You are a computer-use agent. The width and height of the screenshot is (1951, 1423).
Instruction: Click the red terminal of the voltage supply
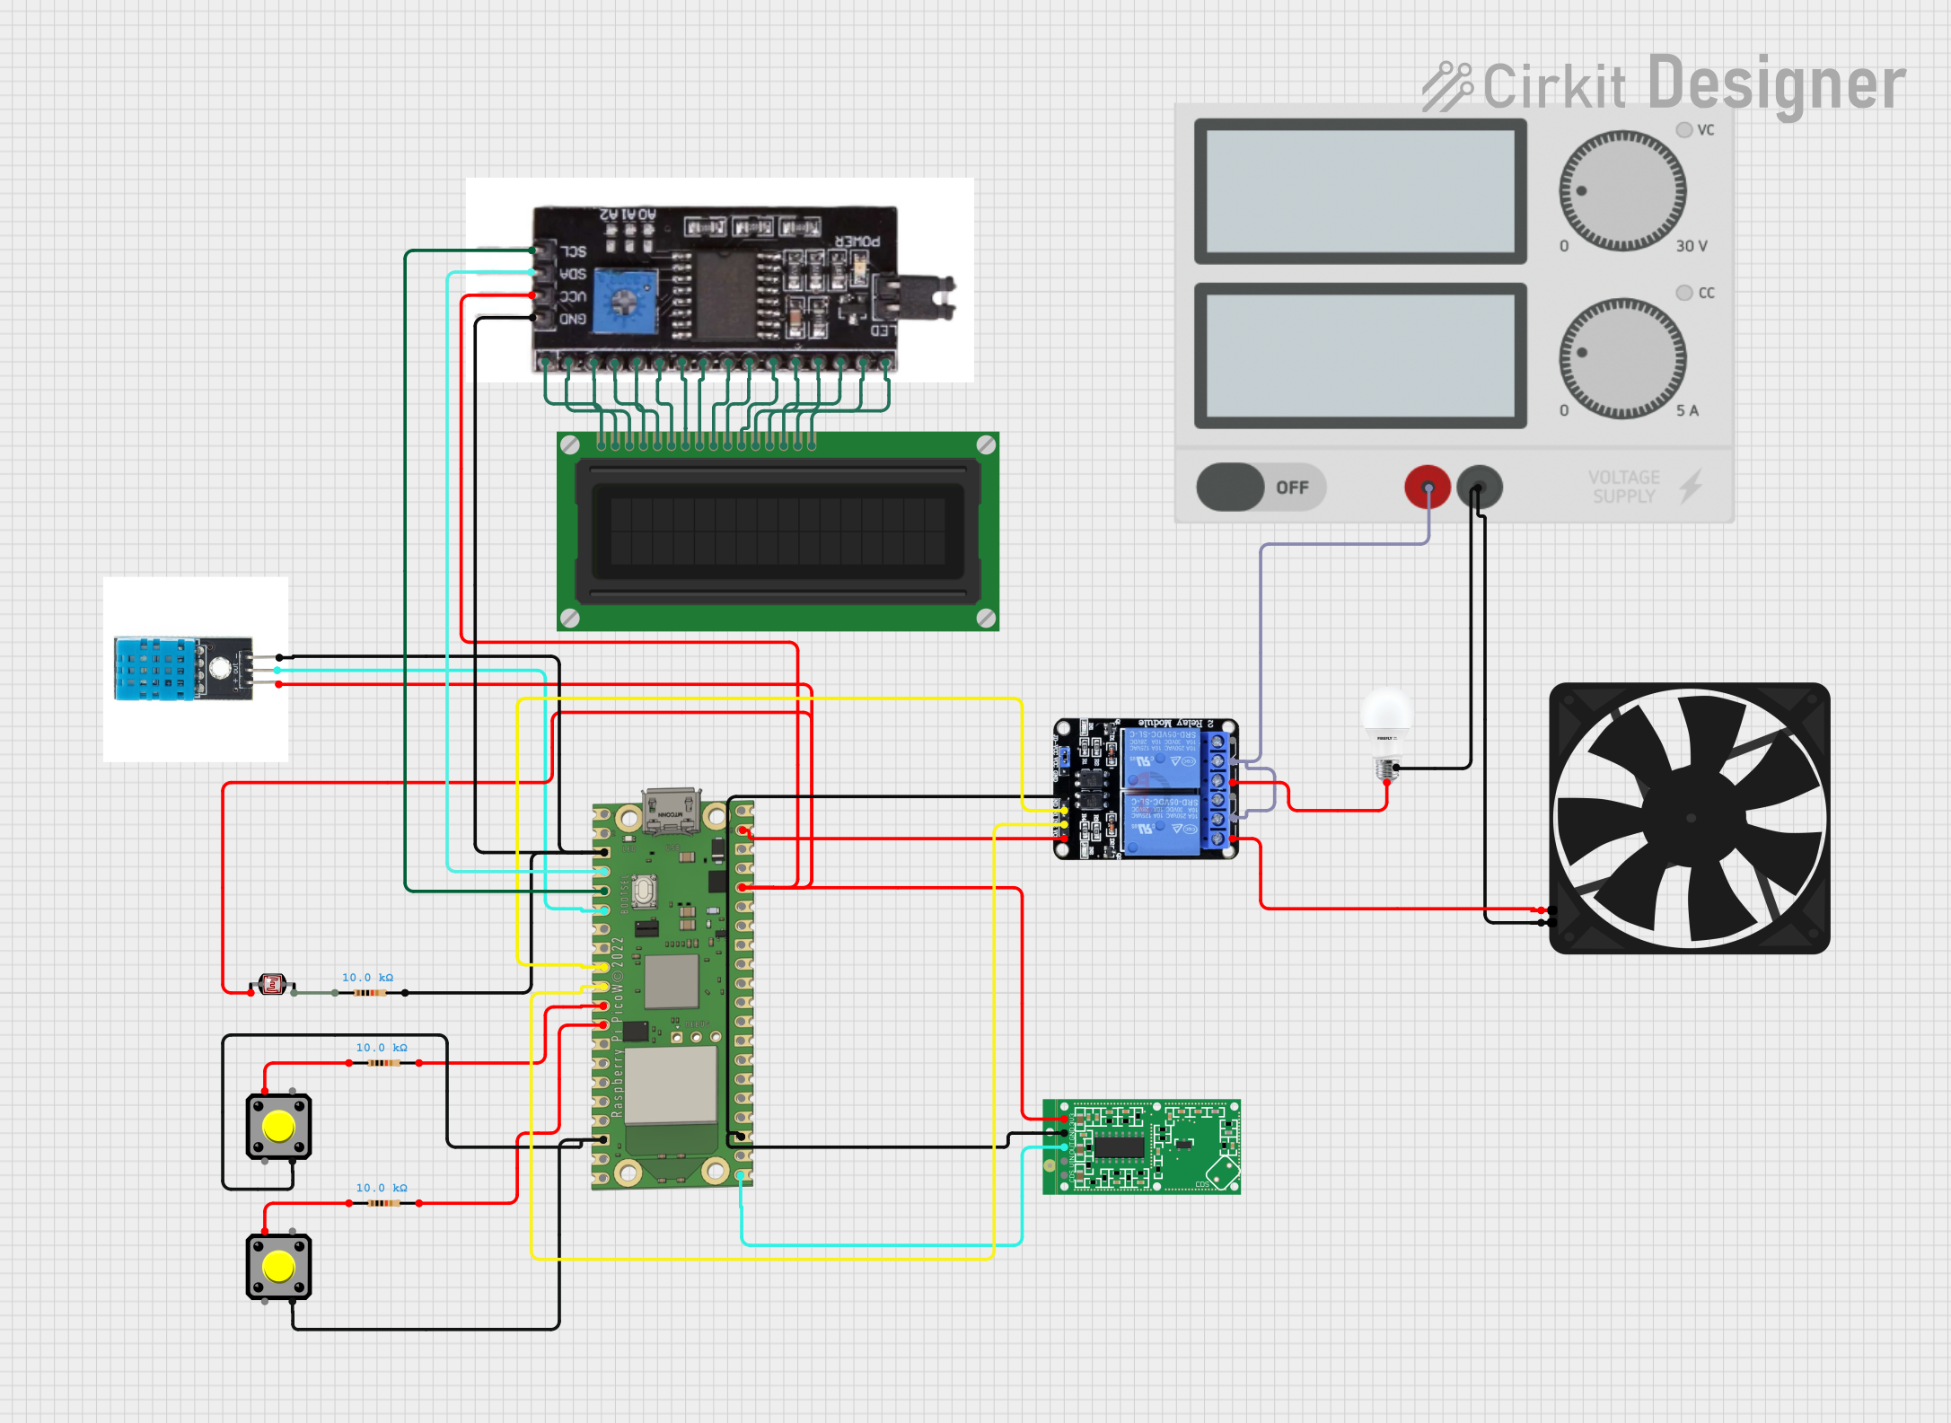[1427, 487]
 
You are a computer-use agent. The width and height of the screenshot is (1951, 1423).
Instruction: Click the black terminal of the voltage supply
[1479, 487]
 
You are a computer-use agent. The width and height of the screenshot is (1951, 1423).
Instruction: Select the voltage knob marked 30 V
[1621, 190]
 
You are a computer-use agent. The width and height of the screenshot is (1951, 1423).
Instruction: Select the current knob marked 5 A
[1621, 357]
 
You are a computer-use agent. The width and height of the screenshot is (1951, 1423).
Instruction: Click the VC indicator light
[1684, 130]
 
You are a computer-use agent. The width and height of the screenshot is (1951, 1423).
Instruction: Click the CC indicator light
[1684, 293]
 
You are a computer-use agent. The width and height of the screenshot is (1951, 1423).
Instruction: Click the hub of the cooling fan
[1690, 818]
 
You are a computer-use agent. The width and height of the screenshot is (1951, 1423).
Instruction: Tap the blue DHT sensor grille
[153, 669]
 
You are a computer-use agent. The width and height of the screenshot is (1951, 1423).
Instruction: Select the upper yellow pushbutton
[278, 1126]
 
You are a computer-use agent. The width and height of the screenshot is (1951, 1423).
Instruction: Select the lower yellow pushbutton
[278, 1266]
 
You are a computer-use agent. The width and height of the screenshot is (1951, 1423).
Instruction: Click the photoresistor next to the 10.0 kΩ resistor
[272, 985]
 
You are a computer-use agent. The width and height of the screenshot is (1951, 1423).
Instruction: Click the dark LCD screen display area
[778, 531]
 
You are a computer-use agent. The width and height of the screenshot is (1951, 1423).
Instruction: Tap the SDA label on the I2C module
[573, 274]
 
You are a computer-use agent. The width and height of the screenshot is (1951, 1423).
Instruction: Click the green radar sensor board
[1142, 1146]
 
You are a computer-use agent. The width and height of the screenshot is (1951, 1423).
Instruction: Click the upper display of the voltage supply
[1360, 190]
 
